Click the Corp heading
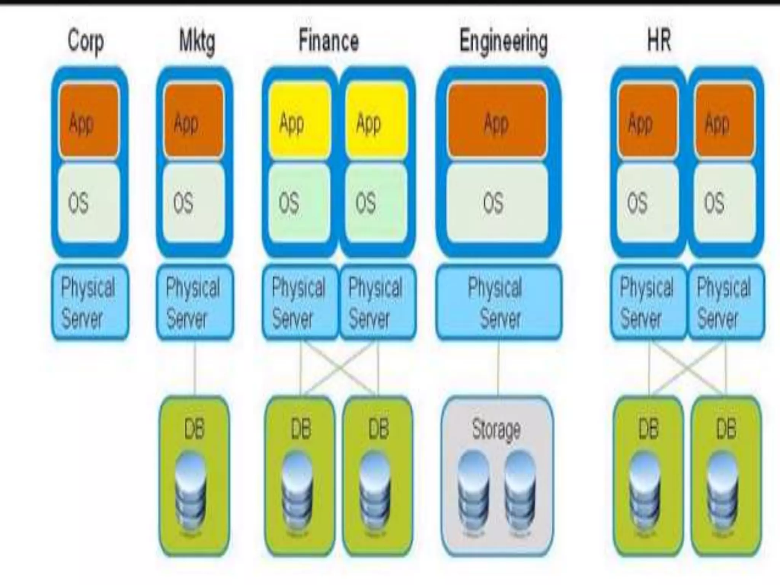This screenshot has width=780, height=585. coord(85,41)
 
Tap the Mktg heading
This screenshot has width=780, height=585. coord(197,41)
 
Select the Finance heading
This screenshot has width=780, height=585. coord(328,41)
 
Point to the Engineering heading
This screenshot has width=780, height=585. coord(503,41)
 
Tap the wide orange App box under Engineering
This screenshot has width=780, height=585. coord(497,121)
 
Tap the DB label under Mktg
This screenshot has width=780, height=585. coord(194,429)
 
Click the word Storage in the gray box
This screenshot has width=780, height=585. coord(496,430)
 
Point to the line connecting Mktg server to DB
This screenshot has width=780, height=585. coord(195,368)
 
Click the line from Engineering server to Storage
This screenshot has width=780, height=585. coord(498,368)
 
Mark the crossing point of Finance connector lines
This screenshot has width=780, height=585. coord(339,368)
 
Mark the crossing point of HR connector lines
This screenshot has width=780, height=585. coord(687,368)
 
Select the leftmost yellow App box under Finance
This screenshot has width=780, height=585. coord(299,121)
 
